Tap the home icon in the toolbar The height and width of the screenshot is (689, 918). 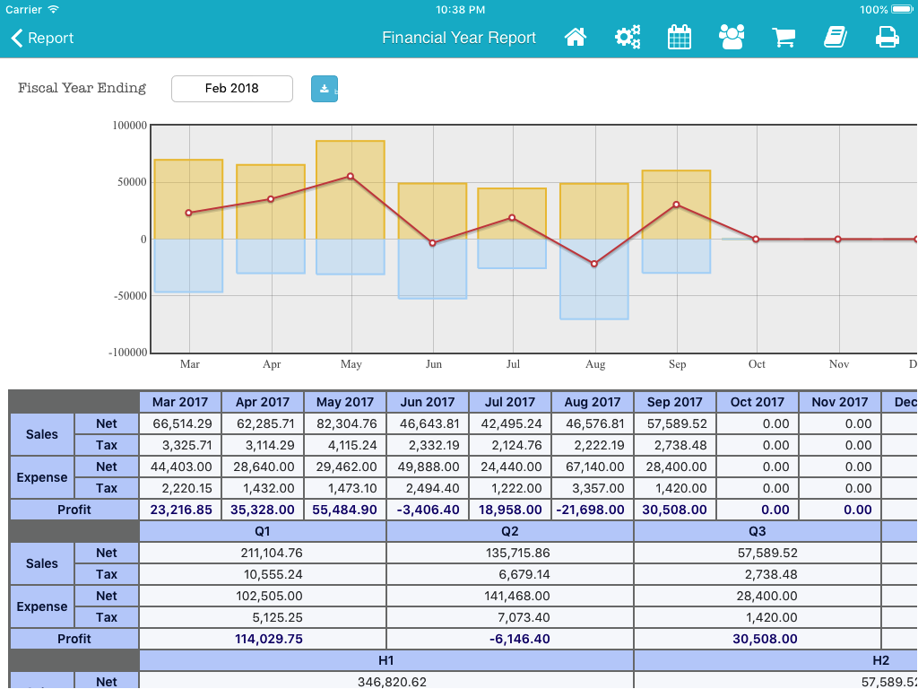pyautogui.click(x=576, y=38)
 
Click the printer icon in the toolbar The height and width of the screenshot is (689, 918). pyautogui.click(x=887, y=38)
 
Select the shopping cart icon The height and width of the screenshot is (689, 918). pyautogui.click(x=784, y=38)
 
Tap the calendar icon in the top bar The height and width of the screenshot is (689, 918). pyautogui.click(x=680, y=38)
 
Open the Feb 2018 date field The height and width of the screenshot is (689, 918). pyautogui.click(x=232, y=89)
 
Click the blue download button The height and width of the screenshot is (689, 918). pyautogui.click(x=325, y=89)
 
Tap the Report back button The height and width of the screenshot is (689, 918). pyautogui.click(x=42, y=38)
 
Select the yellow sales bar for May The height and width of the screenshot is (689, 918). pyautogui.click(x=351, y=190)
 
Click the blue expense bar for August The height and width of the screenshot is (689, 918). pyautogui.click(x=594, y=279)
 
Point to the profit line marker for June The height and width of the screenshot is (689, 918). pyautogui.click(x=433, y=242)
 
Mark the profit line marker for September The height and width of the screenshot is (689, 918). pyautogui.click(x=676, y=205)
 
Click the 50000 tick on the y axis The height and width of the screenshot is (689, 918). pyautogui.click(x=130, y=182)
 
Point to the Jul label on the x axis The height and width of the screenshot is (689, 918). pyautogui.click(x=513, y=364)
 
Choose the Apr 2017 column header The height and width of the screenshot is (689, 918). pyautogui.click(x=263, y=402)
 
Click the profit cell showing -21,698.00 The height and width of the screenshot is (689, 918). pyautogui.click(x=593, y=510)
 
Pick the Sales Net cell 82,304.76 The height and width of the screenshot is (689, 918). pyautogui.click(x=345, y=423)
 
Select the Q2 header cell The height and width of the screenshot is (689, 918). pyautogui.click(x=510, y=531)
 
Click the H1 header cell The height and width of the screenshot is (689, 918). pyautogui.click(x=386, y=660)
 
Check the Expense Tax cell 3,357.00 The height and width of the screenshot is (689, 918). pyautogui.click(x=593, y=488)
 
